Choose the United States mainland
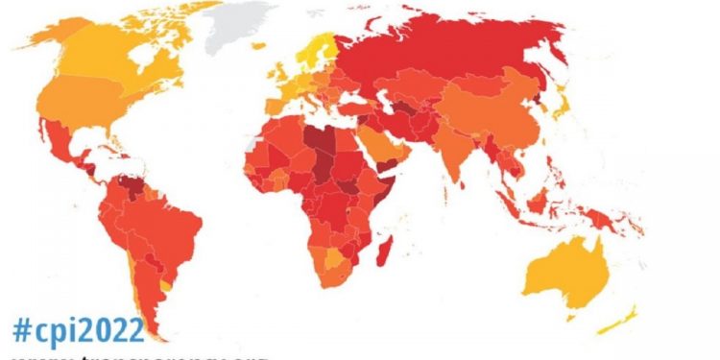tap(96, 106)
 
